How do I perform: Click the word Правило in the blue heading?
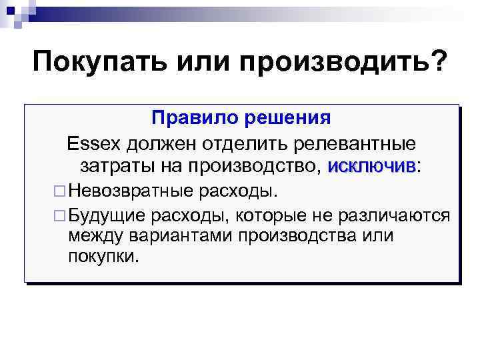185,119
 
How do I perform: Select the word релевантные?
361,143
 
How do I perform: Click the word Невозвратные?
129,192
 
